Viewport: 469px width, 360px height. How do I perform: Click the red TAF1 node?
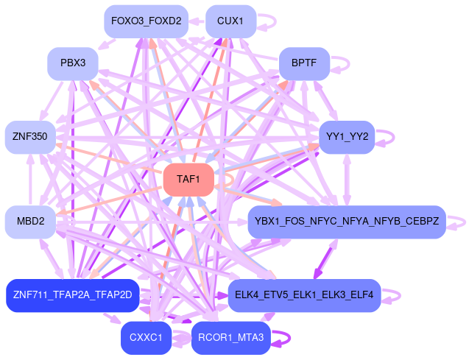(188, 180)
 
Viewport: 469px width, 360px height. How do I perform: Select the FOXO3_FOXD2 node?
(146, 21)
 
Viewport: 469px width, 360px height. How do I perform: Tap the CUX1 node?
(230, 21)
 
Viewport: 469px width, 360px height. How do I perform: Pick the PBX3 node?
(73, 63)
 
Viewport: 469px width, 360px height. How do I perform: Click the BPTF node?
(304, 63)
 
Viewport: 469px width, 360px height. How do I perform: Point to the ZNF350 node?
(30, 137)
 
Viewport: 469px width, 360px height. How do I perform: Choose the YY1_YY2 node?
(348, 137)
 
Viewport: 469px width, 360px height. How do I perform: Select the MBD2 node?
(30, 222)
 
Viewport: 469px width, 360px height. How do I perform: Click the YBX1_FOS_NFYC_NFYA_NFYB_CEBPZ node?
(347, 222)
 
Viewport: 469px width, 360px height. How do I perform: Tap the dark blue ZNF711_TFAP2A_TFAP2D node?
(72, 295)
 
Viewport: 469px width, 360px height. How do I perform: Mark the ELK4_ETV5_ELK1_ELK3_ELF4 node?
(304, 295)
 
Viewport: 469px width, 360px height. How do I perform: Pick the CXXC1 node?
(146, 338)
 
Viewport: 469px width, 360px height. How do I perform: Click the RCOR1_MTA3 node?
(231, 338)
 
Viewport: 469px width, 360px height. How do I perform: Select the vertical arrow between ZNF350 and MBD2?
(30, 179)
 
